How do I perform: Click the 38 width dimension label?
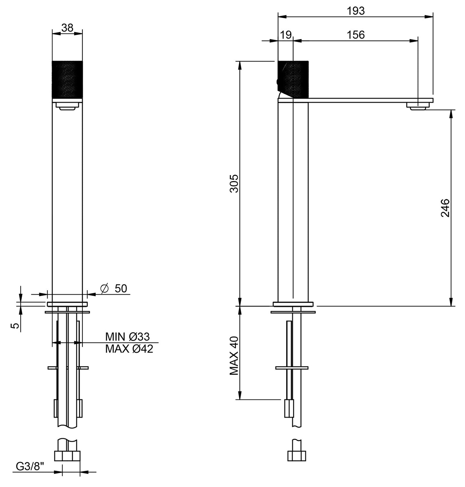tap(67, 28)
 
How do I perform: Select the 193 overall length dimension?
tap(356, 11)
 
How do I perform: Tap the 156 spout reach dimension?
tap(356, 35)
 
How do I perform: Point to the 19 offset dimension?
tap(285, 35)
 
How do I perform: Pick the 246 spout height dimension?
tap(445, 208)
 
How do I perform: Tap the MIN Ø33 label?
tap(127, 337)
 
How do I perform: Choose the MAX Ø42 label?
tap(129, 349)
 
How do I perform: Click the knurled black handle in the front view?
tap(67, 78)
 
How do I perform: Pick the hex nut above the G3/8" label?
tap(67, 456)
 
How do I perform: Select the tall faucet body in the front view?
tap(67, 199)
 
